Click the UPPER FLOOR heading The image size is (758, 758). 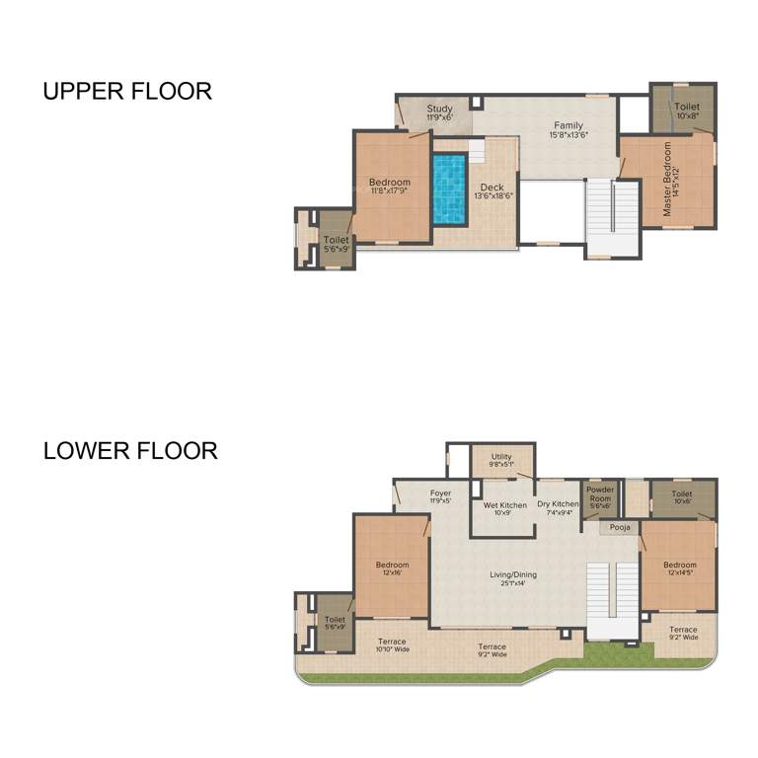click(127, 92)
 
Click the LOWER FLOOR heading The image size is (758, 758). click(130, 451)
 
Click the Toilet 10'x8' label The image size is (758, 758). click(687, 111)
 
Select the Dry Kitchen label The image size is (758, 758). click(558, 508)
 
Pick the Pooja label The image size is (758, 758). click(620, 528)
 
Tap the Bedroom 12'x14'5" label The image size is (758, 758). click(680, 569)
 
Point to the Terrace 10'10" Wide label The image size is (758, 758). click(392, 646)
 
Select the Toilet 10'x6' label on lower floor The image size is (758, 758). click(682, 497)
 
